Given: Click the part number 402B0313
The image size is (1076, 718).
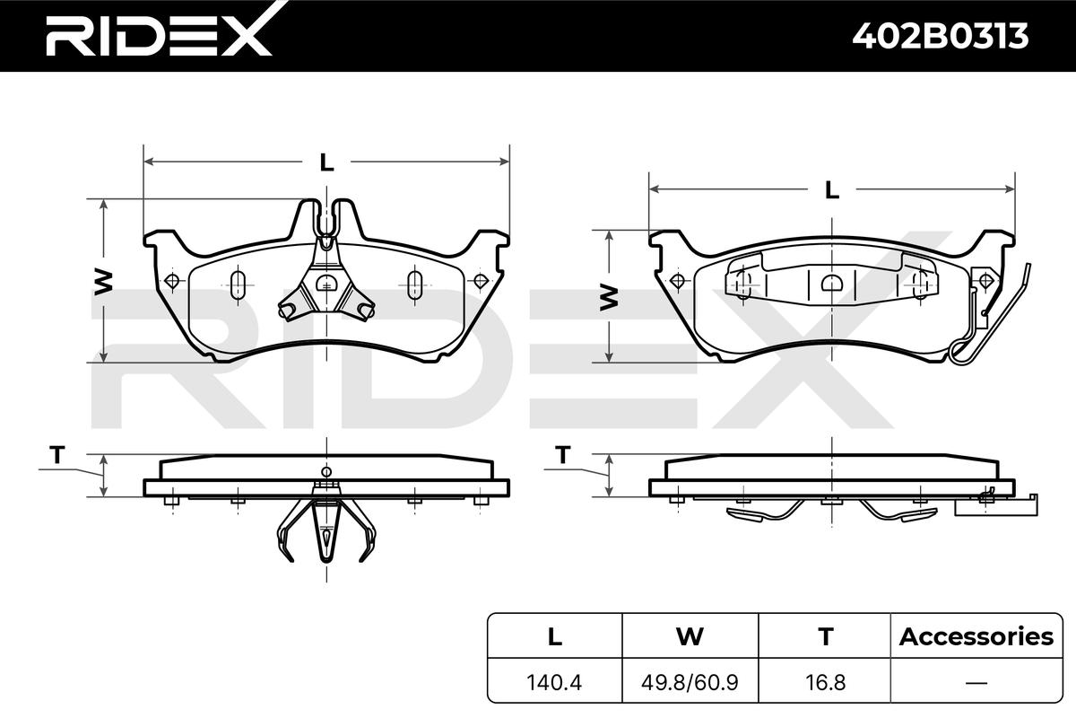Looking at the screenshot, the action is [941, 36].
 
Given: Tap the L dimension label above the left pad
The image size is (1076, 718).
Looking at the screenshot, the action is [326, 162].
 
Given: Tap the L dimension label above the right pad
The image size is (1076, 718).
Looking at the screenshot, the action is [832, 190].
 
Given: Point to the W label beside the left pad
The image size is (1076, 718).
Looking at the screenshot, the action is [103, 283].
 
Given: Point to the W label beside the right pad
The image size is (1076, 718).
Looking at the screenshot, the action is [609, 297].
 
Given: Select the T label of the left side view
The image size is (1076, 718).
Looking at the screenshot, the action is [57, 454].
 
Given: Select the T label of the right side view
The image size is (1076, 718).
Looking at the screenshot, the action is [562, 454].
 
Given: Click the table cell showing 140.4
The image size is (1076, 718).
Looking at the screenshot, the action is [554, 682].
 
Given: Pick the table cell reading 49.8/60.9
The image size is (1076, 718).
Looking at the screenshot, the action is [690, 682].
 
